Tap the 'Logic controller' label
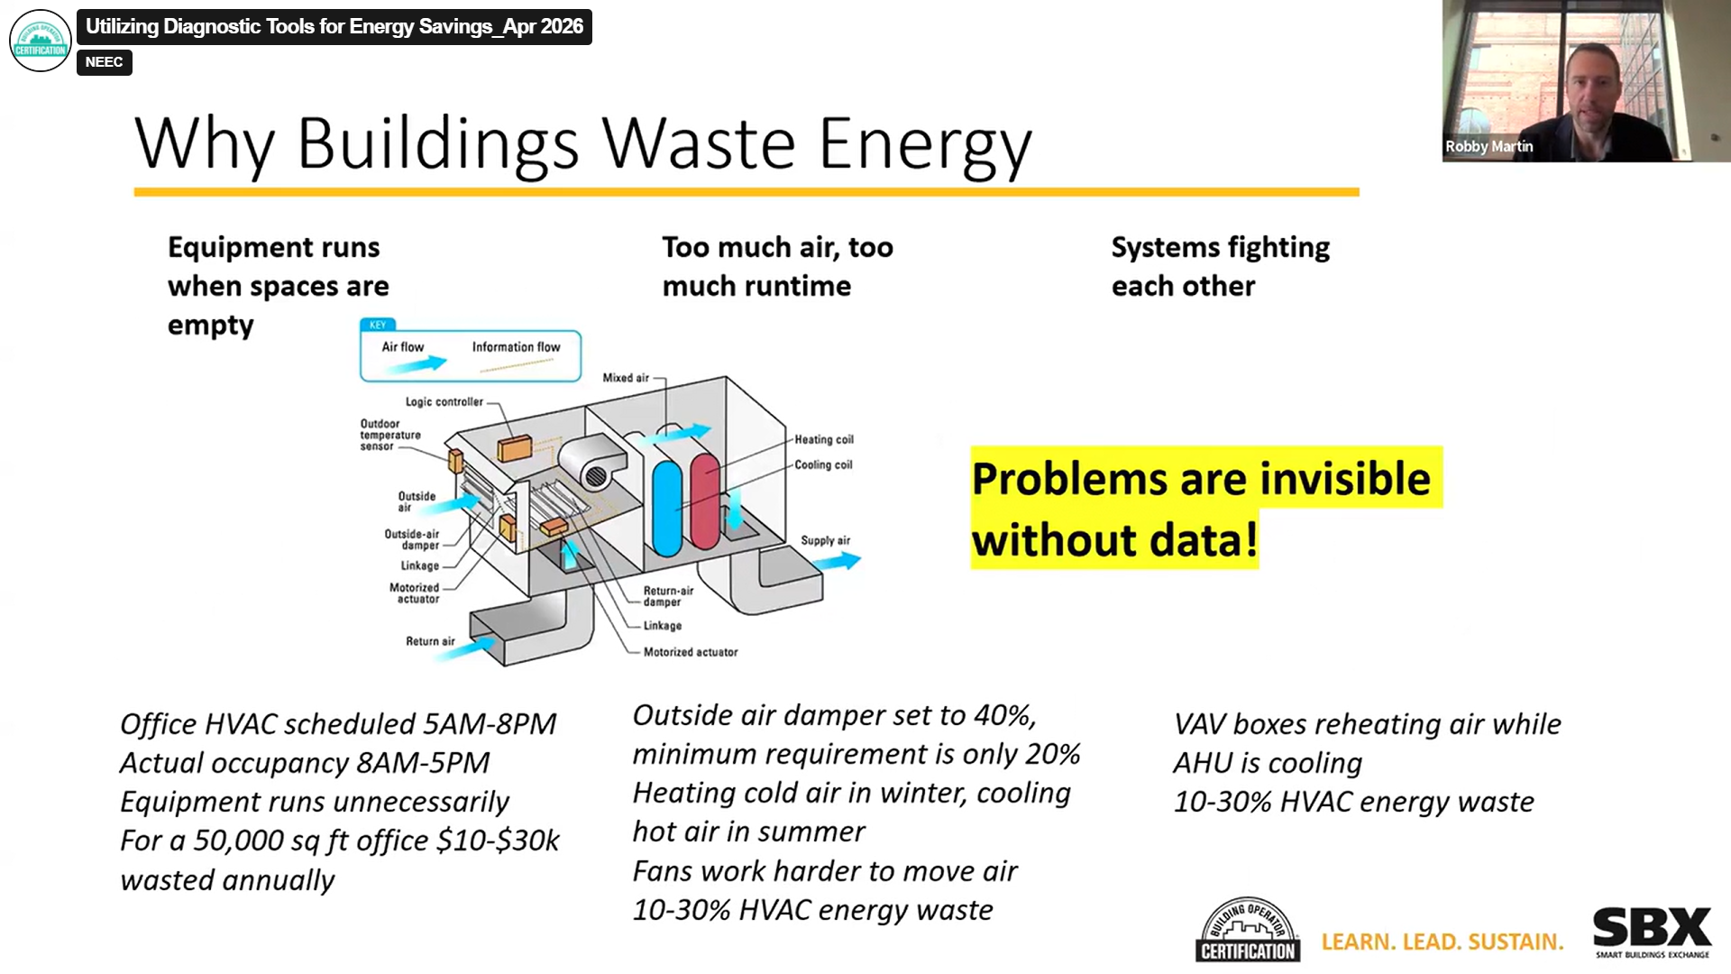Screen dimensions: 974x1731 pos(444,402)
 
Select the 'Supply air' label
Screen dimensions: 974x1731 pos(825,540)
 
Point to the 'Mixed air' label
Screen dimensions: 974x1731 pos(625,378)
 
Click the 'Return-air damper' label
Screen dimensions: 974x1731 pos(668,596)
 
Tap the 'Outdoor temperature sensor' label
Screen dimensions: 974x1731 pos(389,435)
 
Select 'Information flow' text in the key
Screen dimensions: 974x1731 pos(516,347)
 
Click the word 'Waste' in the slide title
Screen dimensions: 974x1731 pos(699,143)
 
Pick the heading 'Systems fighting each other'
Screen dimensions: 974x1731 pos(1219,266)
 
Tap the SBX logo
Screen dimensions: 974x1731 pos(1652,932)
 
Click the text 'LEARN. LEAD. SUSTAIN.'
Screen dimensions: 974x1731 pos(1442,942)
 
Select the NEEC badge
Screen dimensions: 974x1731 pos(105,62)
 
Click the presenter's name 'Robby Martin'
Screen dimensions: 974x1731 pos(1488,146)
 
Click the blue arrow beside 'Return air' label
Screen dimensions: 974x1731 pos(470,647)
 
